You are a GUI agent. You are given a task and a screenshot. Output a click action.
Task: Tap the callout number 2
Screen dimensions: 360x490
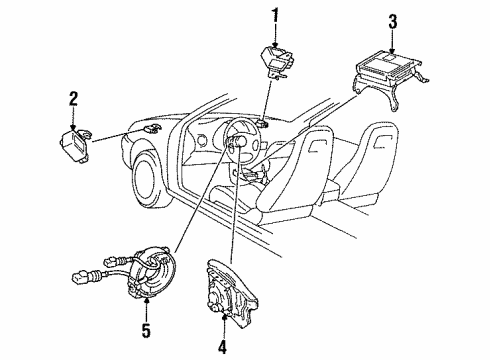pyautogui.click(x=73, y=98)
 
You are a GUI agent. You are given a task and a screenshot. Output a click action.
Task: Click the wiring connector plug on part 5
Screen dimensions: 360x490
pyautogui.click(x=79, y=271)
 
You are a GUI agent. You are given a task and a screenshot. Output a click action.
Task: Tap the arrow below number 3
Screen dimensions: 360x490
pyautogui.click(x=392, y=41)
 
